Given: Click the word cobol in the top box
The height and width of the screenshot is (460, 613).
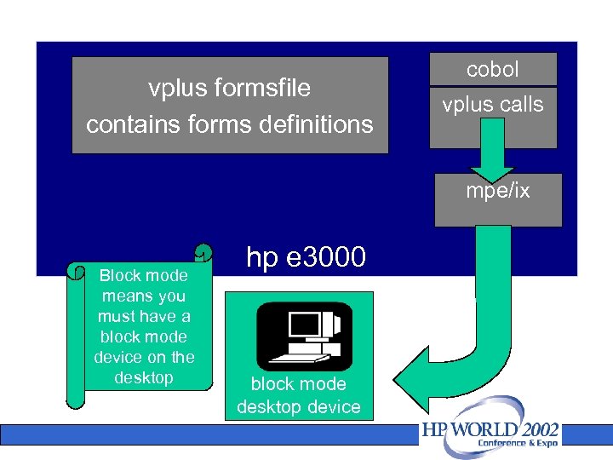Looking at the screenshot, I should pos(492,70).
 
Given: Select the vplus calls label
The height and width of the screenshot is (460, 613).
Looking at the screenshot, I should pos(492,105).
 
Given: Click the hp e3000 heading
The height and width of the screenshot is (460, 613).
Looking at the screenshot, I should pos(306,256).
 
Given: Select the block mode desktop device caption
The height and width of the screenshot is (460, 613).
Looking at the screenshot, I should pos(298,395).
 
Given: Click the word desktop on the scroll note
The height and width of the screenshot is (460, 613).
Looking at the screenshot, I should pos(143,377).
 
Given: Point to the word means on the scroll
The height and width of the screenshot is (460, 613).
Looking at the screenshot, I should pos(129,296).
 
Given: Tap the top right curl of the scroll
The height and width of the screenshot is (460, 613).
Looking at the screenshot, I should pos(202,253).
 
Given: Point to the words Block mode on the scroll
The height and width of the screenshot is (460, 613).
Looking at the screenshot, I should pos(143,276).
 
